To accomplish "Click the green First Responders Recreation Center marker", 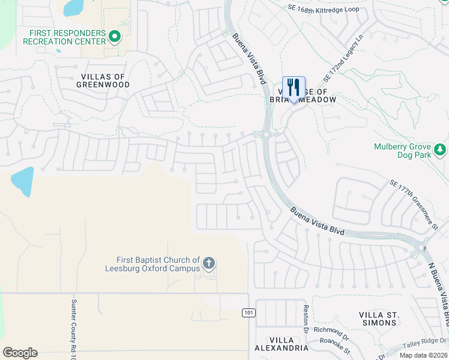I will [115, 37].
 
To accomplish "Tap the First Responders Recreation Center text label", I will [64, 37].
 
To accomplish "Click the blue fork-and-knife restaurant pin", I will [294, 88].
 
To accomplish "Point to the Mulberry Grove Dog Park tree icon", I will [441, 149].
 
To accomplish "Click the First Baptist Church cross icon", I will [208, 263].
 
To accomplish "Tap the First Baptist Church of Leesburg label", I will [158, 264].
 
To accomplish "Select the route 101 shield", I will [248, 313].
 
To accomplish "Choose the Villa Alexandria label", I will [281, 343].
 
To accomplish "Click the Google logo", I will [20, 353].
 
